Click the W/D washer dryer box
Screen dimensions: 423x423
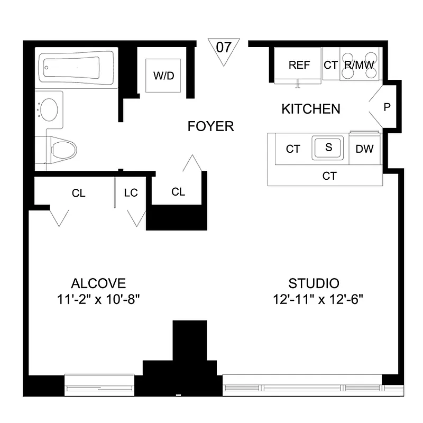(163, 75)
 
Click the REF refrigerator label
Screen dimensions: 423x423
(299, 65)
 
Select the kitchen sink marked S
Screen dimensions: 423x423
(328, 148)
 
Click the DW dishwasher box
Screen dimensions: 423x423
(364, 149)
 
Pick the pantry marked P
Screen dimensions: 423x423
(387, 107)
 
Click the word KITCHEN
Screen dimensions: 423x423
(310, 109)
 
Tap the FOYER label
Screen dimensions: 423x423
(210, 126)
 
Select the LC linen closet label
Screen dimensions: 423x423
(131, 193)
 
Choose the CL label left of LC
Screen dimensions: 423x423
(78, 193)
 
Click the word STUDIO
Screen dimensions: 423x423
(314, 283)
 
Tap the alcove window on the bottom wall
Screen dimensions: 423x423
(99, 384)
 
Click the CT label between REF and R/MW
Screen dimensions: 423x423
(330, 65)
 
